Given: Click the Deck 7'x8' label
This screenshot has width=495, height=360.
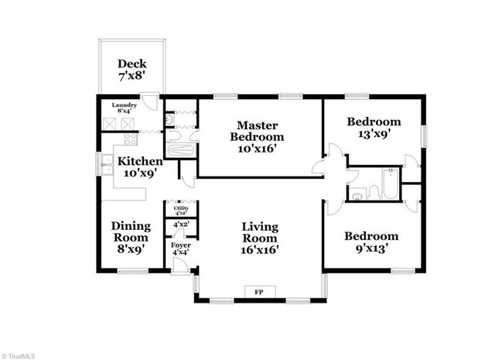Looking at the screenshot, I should click(x=131, y=70).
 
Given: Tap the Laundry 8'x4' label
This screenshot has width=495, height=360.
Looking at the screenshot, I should click(x=125, y=108).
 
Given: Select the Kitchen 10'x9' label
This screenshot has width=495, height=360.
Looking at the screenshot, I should click(x=139, y=167).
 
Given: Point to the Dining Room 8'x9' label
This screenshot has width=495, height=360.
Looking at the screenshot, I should click(x=131, y=237).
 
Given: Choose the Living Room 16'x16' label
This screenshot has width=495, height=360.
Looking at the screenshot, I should click(x=260, y=238).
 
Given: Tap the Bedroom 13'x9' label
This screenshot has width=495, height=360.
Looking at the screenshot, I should click(x=374, y=127).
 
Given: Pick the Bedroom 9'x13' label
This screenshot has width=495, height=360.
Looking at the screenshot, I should click(x=371, y=242).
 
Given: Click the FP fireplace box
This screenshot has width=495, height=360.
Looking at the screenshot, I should click(x=259, y=292).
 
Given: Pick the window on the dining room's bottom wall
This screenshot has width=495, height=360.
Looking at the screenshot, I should click(x=132, y=270).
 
